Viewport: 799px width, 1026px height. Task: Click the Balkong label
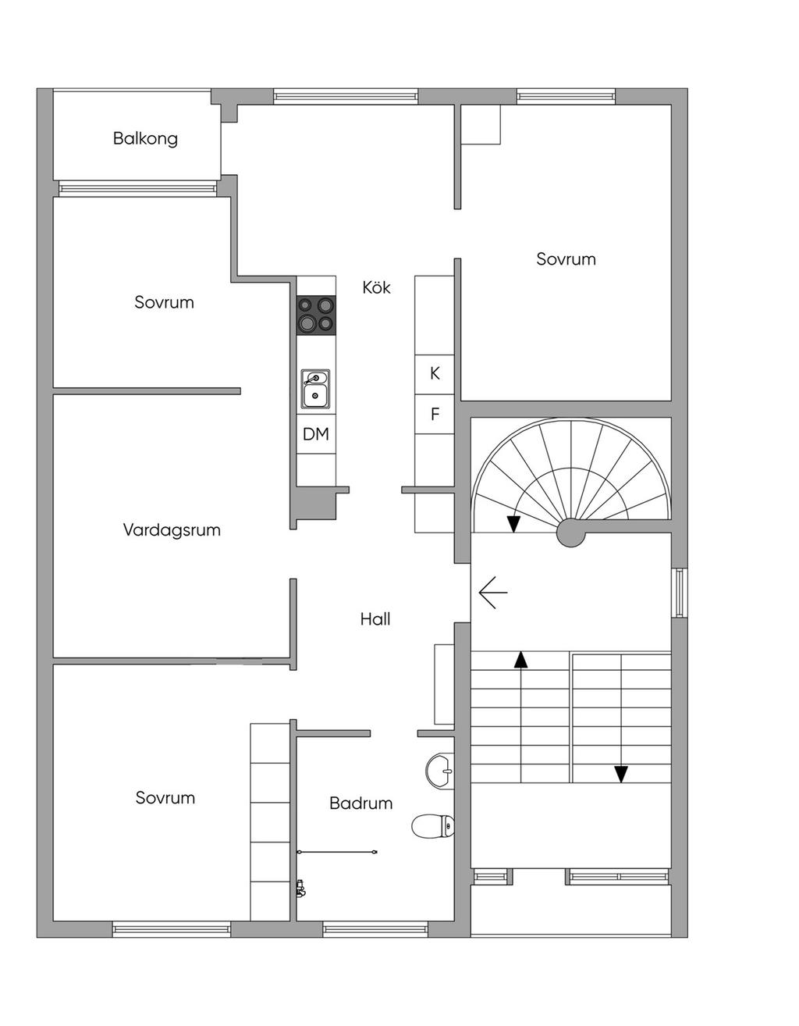tap(145, 139)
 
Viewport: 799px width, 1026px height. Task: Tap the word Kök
tap(376, 287)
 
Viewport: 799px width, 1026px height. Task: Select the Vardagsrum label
tap(172, 529)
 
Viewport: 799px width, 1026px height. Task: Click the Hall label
tap(375, 619)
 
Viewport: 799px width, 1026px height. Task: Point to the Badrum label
tap(360, 803)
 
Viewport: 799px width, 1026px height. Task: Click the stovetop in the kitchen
tap(316, 315)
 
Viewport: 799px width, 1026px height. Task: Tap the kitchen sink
tap(315, 389)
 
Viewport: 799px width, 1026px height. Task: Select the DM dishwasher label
tap(315, 434)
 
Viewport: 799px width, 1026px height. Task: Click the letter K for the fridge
tap(435, 373)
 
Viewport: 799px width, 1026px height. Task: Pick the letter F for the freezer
tap(435, 414)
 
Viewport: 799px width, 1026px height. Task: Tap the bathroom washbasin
tap(439, 771)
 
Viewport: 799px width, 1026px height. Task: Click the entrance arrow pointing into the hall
tap(493, 592)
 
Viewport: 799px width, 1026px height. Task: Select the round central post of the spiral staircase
tap(570, 533)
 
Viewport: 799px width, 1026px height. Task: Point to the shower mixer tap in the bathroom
tap(300, 889)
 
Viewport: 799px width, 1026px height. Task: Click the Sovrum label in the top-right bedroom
tap(566, 259)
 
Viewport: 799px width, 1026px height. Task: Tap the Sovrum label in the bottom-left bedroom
tap(165, 797)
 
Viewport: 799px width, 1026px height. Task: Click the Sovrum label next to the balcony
tap(164, 302)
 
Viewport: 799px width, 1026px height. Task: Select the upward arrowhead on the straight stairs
tap(520, 660)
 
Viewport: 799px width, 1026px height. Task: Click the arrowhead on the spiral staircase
tap(513, 524)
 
